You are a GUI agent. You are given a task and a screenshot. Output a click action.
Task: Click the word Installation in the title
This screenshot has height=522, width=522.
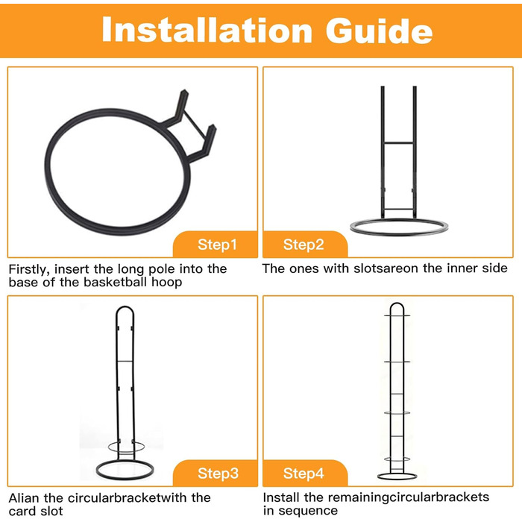(x=207, y=30)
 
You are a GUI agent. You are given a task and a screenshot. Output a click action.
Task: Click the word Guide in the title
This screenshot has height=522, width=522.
(x=379, y=30)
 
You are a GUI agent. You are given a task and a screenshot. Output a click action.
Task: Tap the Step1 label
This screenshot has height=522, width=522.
(x=217, y=245)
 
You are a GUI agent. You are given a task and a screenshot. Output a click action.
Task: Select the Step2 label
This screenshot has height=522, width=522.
(x=304, y=245)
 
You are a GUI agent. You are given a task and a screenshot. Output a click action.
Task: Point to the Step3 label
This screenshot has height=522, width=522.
(x=218, y=473)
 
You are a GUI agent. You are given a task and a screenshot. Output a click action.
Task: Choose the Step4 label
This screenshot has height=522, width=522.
(x=304, y=473)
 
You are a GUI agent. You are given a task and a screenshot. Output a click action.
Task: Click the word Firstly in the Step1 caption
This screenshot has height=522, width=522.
(x=29, y=269)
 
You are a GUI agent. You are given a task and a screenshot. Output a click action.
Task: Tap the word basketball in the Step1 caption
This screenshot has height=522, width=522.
(x=115, y=282)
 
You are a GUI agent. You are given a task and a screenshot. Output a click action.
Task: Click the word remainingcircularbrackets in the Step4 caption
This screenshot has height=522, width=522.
(x=409, y=497)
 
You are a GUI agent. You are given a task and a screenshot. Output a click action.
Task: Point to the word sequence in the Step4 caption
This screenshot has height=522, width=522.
(x=308, y=511)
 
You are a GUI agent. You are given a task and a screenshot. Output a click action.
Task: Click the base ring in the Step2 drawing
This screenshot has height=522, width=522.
(x=399, y=233)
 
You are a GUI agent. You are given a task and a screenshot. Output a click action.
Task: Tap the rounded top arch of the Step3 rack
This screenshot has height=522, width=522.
(x=125, y=307)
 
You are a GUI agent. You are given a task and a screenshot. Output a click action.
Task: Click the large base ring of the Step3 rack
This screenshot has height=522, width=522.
(x=125, y=479)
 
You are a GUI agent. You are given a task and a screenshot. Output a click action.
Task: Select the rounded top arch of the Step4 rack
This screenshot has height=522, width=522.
(x=397, y=304)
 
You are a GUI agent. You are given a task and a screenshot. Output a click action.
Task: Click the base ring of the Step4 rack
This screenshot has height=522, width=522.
(x=397, y=479)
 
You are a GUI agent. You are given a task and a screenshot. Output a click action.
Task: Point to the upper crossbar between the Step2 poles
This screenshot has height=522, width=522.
(x=398, y=143)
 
